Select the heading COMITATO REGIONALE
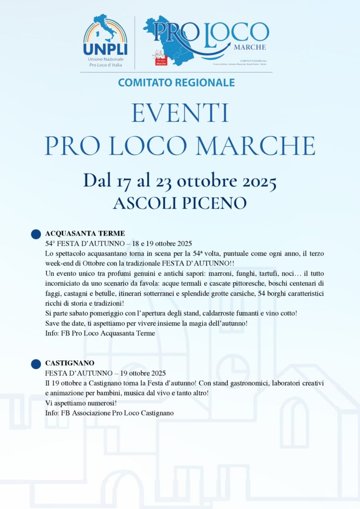click(177, 83)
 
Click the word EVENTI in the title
click(180, 113)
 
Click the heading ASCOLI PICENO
click(180, 203)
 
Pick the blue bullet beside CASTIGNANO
click(36, 364)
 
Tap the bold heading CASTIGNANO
click(70, 363)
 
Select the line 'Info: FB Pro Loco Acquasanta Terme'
click(100, 334)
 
